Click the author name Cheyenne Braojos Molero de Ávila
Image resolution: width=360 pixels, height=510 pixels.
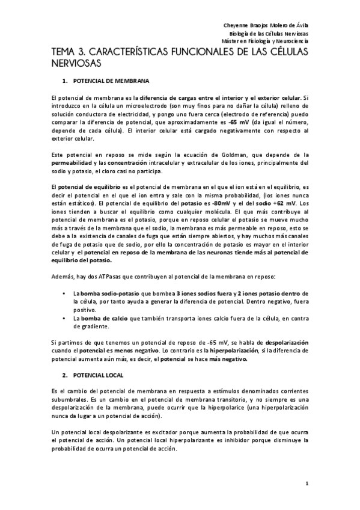[x=265, y=25]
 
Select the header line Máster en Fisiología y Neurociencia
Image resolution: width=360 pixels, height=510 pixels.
[x=265, y=41]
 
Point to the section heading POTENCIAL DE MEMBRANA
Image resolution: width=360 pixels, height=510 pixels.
[x=111, y=81]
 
